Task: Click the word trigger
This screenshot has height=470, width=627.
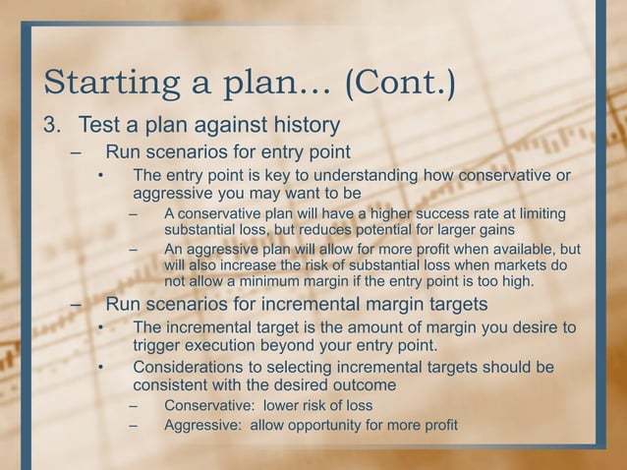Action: coord(159,345)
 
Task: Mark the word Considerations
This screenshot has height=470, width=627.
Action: coord(197,367)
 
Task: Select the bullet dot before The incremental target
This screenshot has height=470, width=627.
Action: coord(100,327)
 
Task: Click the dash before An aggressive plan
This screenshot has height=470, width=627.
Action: coord(133,248)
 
